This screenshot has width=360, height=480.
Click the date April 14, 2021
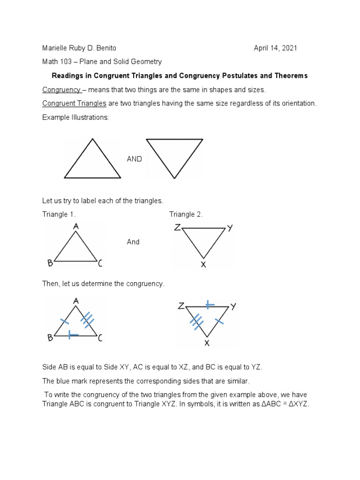(275, 48)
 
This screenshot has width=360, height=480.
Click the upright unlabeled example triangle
(92, 159)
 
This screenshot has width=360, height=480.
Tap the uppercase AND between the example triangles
(134, 159)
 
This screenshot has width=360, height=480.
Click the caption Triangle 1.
(59, 214)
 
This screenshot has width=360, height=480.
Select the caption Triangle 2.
(186, 214)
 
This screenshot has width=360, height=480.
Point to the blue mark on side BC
(73, 335)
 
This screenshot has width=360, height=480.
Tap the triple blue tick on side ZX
(196, 322)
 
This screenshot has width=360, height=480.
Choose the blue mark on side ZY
(209, 305)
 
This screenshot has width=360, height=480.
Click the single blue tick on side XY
(218, 321)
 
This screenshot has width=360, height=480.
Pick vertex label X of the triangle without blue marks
(203, 264)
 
